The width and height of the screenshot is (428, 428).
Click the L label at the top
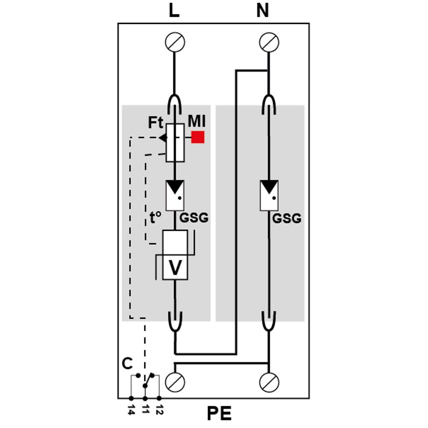point(174,11)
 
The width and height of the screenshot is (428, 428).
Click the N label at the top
point(262,11)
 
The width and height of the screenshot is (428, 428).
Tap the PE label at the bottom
point(219,414)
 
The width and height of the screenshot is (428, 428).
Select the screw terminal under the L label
point(175,42)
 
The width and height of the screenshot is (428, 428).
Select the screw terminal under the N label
point(269,42)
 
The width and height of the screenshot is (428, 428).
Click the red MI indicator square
point(198,137)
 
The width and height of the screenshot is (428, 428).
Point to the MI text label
point(196,121)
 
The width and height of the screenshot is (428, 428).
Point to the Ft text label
point(156,123)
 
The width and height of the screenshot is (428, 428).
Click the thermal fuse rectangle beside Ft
point(175,143)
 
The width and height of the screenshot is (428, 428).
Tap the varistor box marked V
point(175,256)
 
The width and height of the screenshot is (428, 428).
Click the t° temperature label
point(155,218)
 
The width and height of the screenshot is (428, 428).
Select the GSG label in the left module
point(193,218)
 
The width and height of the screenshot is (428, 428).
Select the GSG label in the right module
point(287,219)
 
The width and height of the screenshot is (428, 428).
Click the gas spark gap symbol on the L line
point(175,195)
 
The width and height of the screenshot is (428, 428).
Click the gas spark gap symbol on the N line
point(269,195)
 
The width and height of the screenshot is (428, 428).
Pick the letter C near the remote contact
point(127,364)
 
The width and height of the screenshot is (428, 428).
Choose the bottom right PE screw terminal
point(269,382)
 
